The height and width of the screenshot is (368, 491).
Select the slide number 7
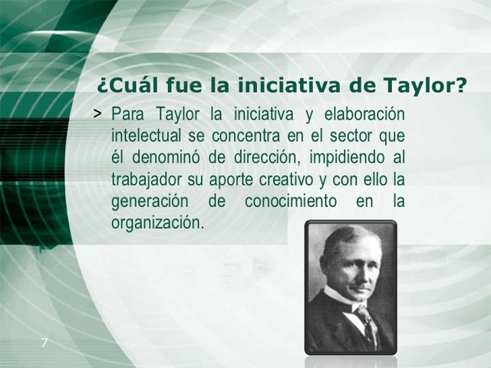tap(44, 343)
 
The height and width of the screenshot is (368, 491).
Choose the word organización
tap(157, 225)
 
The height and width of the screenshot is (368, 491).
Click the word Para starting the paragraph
tap(128, 114)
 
